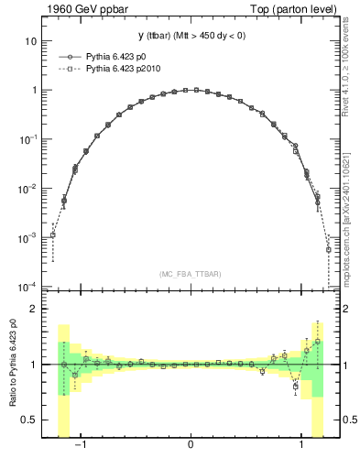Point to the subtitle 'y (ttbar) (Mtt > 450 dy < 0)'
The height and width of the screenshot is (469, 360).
point(191,36)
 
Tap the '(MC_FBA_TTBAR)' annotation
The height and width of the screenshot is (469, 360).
point(191,274)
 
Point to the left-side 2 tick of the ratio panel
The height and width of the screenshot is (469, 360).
point(34,310)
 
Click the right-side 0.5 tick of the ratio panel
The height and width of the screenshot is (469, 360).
point(349,420)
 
